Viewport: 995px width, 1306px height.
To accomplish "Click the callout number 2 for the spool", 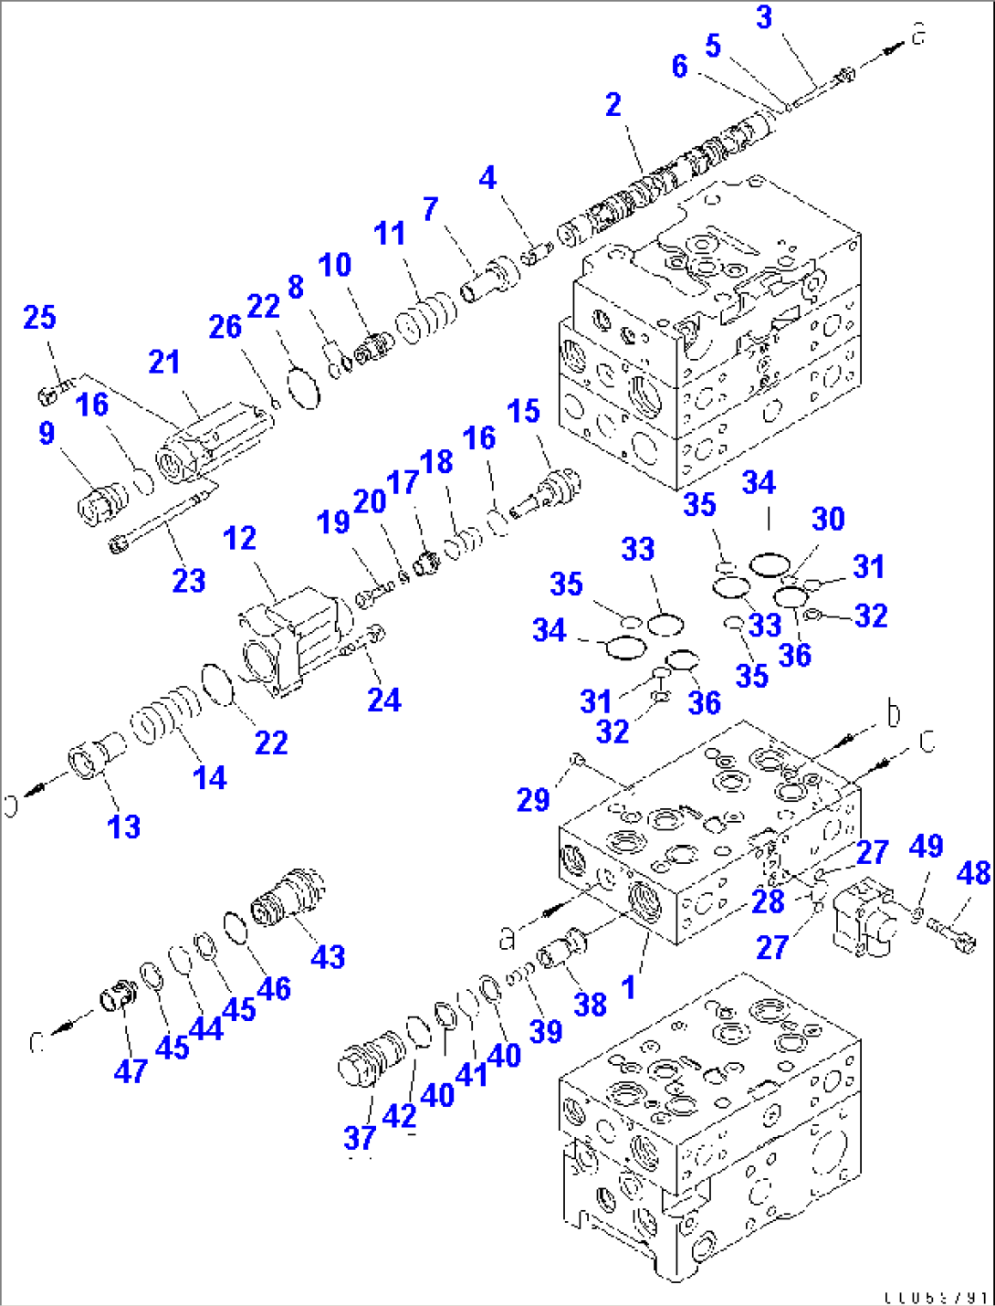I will pyautogui.click(x=613, y=105).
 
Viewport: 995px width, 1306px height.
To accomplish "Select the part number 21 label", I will pyautogui.click(x=164, y=363).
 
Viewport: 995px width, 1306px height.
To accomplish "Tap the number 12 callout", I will pyautogui.click(x=239, y=539).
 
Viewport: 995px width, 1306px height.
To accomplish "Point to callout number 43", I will pyautogui.click(x=328, y=957).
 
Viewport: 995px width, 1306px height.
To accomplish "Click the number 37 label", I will pyautogui.click(x=360, y=1138).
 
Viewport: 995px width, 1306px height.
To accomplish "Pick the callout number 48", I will pyautogui.click(x=973, y=873).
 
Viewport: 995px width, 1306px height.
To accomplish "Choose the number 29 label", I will pyautogui.click(x=533, y=800).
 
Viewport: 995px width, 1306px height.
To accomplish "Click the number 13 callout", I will pyautogui.click(x=124, y=827).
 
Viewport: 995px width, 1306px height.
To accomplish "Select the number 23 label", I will pyautogui.click(x=189, y=581).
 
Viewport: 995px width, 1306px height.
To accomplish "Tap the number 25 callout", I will pyautogui.click(x=39, y=318).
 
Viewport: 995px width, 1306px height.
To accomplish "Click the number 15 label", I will pyautogui.click(x=524, y=411).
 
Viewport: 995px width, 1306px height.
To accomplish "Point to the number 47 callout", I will pyautogui.click(x=131, y=1070).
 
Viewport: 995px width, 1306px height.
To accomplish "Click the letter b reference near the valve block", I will pyautogui.click(x=893, y=713).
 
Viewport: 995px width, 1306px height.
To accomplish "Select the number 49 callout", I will pyautogui.click(x=926, y=847).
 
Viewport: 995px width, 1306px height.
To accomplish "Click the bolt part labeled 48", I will pyautogui.click(x=951, y=932).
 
